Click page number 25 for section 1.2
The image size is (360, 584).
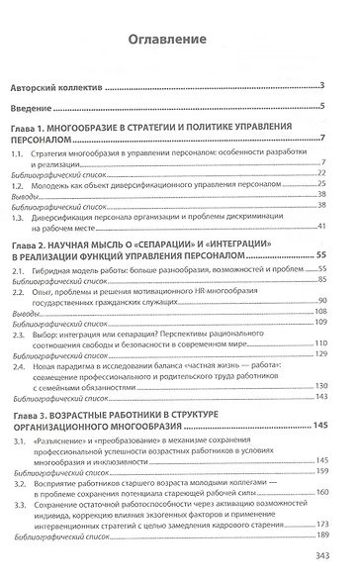click(322, 184)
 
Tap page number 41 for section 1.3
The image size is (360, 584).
click(322, 227)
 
